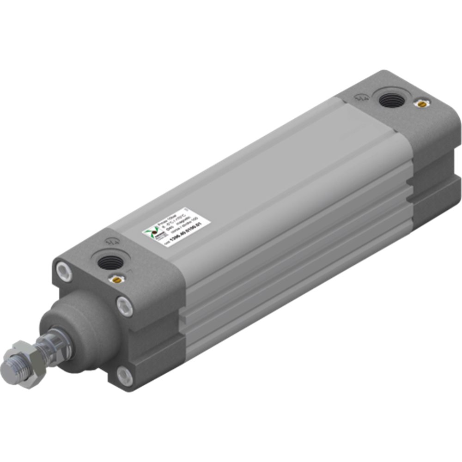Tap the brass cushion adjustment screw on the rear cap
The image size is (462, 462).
tap(420, 104)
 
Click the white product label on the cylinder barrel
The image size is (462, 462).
tap(176, 226)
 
